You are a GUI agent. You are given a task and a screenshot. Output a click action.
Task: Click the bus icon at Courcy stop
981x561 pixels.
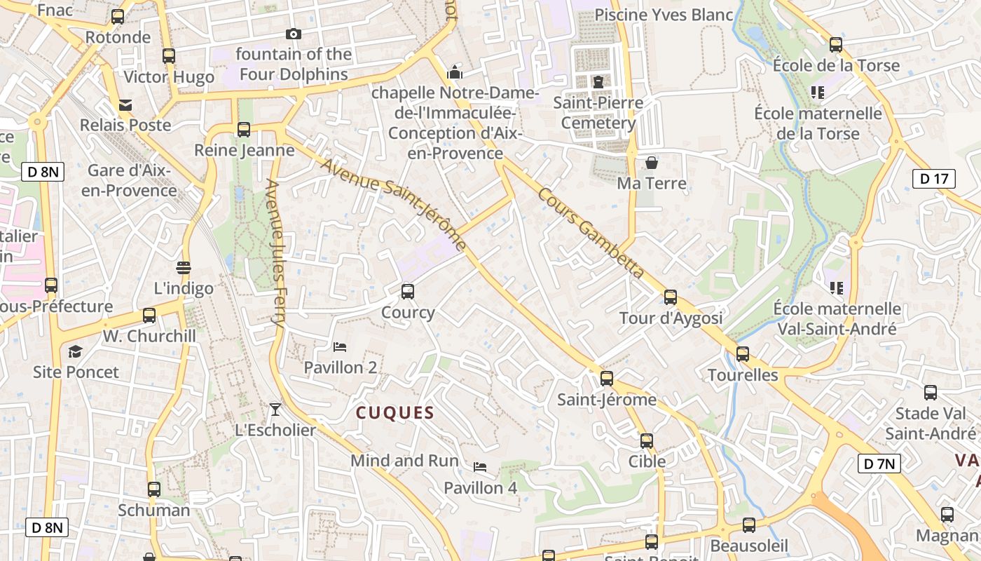pos(408,292)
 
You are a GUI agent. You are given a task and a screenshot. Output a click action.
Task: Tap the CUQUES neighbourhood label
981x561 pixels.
pos(395,412)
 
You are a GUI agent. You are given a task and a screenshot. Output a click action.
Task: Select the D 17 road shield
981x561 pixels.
pos(934,179)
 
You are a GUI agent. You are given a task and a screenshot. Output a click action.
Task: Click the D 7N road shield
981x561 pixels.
pos(879,463)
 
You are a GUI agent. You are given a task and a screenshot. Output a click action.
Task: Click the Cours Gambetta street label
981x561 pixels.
pos(591,232)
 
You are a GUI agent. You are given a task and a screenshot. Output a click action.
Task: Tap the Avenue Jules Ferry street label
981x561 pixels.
pos(275,254)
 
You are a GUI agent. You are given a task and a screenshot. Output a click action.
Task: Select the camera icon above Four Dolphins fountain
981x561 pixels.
pos(294,34)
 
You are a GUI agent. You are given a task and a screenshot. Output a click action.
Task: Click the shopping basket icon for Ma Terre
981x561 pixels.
pos(652,163)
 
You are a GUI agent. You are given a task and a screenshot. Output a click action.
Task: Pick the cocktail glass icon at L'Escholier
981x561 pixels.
pos(275,409)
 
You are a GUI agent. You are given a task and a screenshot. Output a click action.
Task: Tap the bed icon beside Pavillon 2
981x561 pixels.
pos(340,346)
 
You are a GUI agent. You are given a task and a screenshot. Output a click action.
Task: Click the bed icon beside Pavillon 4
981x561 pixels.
pos(480,467)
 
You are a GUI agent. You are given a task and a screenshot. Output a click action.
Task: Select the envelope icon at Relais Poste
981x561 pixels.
pos(125,105)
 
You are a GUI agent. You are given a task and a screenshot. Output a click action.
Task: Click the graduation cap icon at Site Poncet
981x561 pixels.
pos(75,351)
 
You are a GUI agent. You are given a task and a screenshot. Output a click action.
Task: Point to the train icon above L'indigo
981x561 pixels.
pos(184,267)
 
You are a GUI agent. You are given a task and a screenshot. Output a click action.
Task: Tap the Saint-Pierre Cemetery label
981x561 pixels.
pos(598,113)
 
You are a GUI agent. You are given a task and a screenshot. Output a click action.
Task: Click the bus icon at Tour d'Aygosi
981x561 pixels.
pos(671,297)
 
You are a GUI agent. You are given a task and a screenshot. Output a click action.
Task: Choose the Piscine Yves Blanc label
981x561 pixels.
pos(663,15)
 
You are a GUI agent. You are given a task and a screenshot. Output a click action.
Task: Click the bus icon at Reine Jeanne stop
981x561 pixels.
pos(244,130)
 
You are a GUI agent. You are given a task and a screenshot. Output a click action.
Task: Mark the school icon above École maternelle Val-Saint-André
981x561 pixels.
pos(836,288)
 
